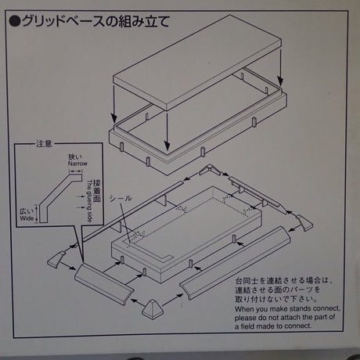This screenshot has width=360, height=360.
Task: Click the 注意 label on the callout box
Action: (x=45, y=143)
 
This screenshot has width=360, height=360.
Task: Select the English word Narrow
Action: (x=75, y=164)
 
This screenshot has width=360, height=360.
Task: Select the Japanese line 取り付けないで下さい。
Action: (x=268, y=297)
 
